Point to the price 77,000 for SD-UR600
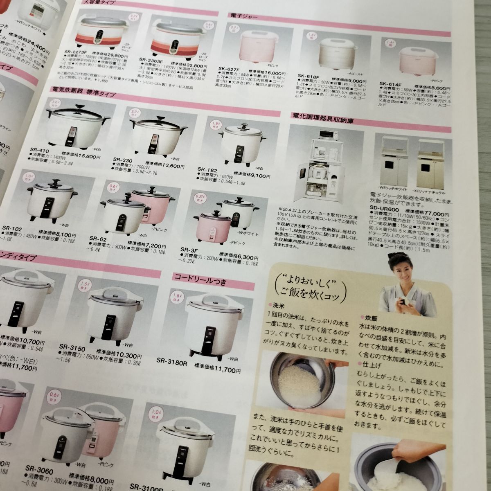click(432, 214)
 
